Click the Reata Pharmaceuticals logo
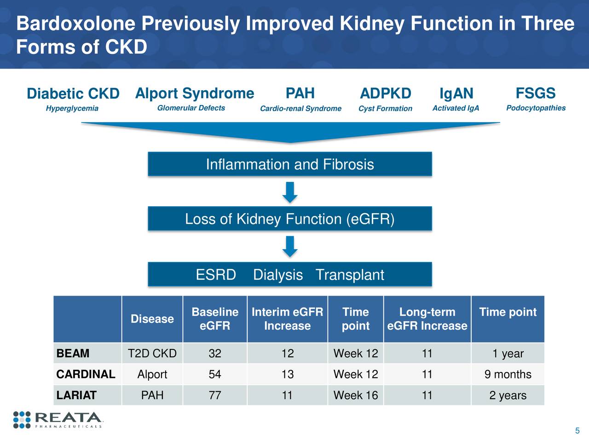point(58,419)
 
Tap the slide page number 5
point(577,431)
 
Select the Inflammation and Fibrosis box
point(289,164)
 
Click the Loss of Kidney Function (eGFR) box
point(289,219)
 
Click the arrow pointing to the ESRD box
point(289,247)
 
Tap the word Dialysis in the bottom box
point(278,275)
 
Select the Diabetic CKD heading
point(73,93)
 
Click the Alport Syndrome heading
point(194,93)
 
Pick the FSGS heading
point(536,93)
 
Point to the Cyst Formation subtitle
point(385,109)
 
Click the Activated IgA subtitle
point(456,108)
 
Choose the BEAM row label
point(73,354)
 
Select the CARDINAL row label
point(86,374)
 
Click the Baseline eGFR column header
point(215,319)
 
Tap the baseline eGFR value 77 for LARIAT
point(215,395)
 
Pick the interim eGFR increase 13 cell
point(287,374)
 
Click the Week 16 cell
point(355,395)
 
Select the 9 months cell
point(508,374)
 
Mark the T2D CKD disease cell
point(152,354)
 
